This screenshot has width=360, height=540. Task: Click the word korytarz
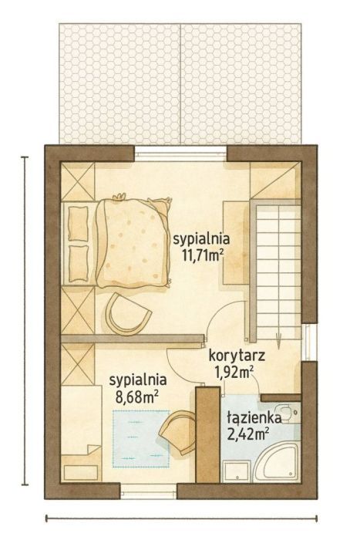pyautogui.click(x=237, y=356)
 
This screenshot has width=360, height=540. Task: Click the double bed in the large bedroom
pyautogui.click(x=131, y=242)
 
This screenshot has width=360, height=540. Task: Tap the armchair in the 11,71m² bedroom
pyautogui.click(x=128, y=312)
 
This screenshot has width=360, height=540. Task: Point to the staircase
pyautogui.click(x=277, y=266)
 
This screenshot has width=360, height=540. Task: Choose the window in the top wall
pyautogui.click(x=181, y=153)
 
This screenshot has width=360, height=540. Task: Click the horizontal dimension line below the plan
pyautogui.click(x=181, y=518)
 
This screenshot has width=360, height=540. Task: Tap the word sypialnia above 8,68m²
pyautogui.click(x=138, y=380)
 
